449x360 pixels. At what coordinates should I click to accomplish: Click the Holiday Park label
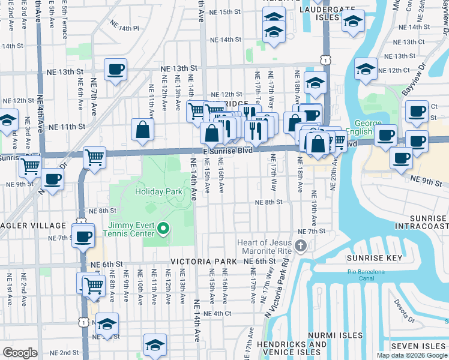(x=158, y=191)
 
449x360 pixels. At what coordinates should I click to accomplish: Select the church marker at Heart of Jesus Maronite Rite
(x=302, y=245)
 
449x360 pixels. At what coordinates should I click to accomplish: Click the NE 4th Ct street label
(x=217, y=313)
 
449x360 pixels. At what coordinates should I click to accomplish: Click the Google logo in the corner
(x=20, y=353)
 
